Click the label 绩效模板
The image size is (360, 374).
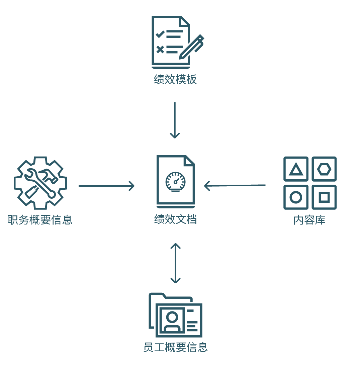175,80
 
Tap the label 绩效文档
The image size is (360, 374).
175,219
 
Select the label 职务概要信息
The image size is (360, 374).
40,220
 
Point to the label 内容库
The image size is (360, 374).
309,220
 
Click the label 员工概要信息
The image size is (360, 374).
175,347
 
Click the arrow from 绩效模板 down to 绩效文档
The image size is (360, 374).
175,120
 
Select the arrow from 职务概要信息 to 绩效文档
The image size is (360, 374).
106,186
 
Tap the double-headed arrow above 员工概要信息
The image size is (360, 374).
175,263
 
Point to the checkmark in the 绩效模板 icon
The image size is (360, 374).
160,34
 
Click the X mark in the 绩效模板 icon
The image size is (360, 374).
160,50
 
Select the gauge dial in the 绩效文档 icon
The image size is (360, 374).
175,181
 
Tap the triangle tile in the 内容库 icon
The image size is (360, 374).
296,169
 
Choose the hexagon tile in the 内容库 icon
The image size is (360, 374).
324,169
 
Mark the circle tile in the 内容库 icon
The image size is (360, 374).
296,197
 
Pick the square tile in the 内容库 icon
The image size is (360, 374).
324,197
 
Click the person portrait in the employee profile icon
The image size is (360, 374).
172,321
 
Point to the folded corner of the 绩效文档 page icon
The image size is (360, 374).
190,160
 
